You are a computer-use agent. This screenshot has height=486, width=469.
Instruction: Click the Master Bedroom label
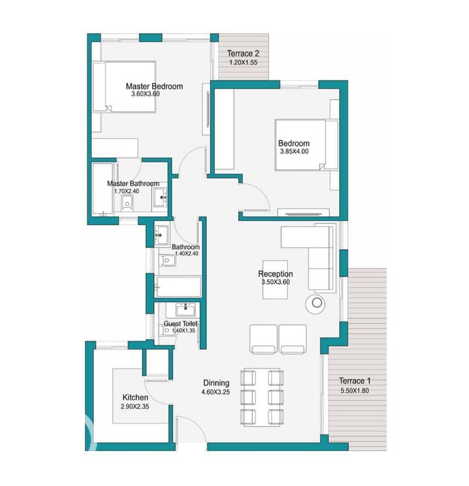pyautogui.click(x=154, y=86)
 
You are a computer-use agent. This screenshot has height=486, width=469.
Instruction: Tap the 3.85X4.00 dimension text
pyautogui.click(x=294, y=152)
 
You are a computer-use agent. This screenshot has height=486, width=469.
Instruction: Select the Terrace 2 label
pyautogui.click(x=243, y=53)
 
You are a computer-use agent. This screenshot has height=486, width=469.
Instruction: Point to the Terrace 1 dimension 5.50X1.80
pyautogui.click(x=355, y=390)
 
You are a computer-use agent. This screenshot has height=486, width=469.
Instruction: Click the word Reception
pyautogui.click(x=276, y=274)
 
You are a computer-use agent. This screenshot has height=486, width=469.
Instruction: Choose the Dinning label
pyautogui.click(x=216, y=383)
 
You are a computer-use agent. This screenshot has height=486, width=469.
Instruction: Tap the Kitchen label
pyautogui.click(x=135, y=397)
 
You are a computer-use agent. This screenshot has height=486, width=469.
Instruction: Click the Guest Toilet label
pyautogui.click(x=181, y=324)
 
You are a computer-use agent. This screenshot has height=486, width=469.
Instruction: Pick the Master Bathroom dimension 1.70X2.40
pyautogui.click(x=127, y=191)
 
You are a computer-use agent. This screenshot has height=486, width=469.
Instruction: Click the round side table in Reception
pyautogui.click(x=315, y=303)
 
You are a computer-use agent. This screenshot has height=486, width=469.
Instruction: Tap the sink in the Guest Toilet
pyautogui.click(x=185, y=309)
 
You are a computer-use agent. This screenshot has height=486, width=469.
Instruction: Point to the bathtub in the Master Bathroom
pyautogui.click(x=103, y=188)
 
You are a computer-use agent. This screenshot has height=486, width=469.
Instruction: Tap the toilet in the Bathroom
pyautogui.click(x=167, y=260)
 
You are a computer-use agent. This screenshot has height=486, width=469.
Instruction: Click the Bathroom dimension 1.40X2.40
pyautogui.click(x=186, y=253)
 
